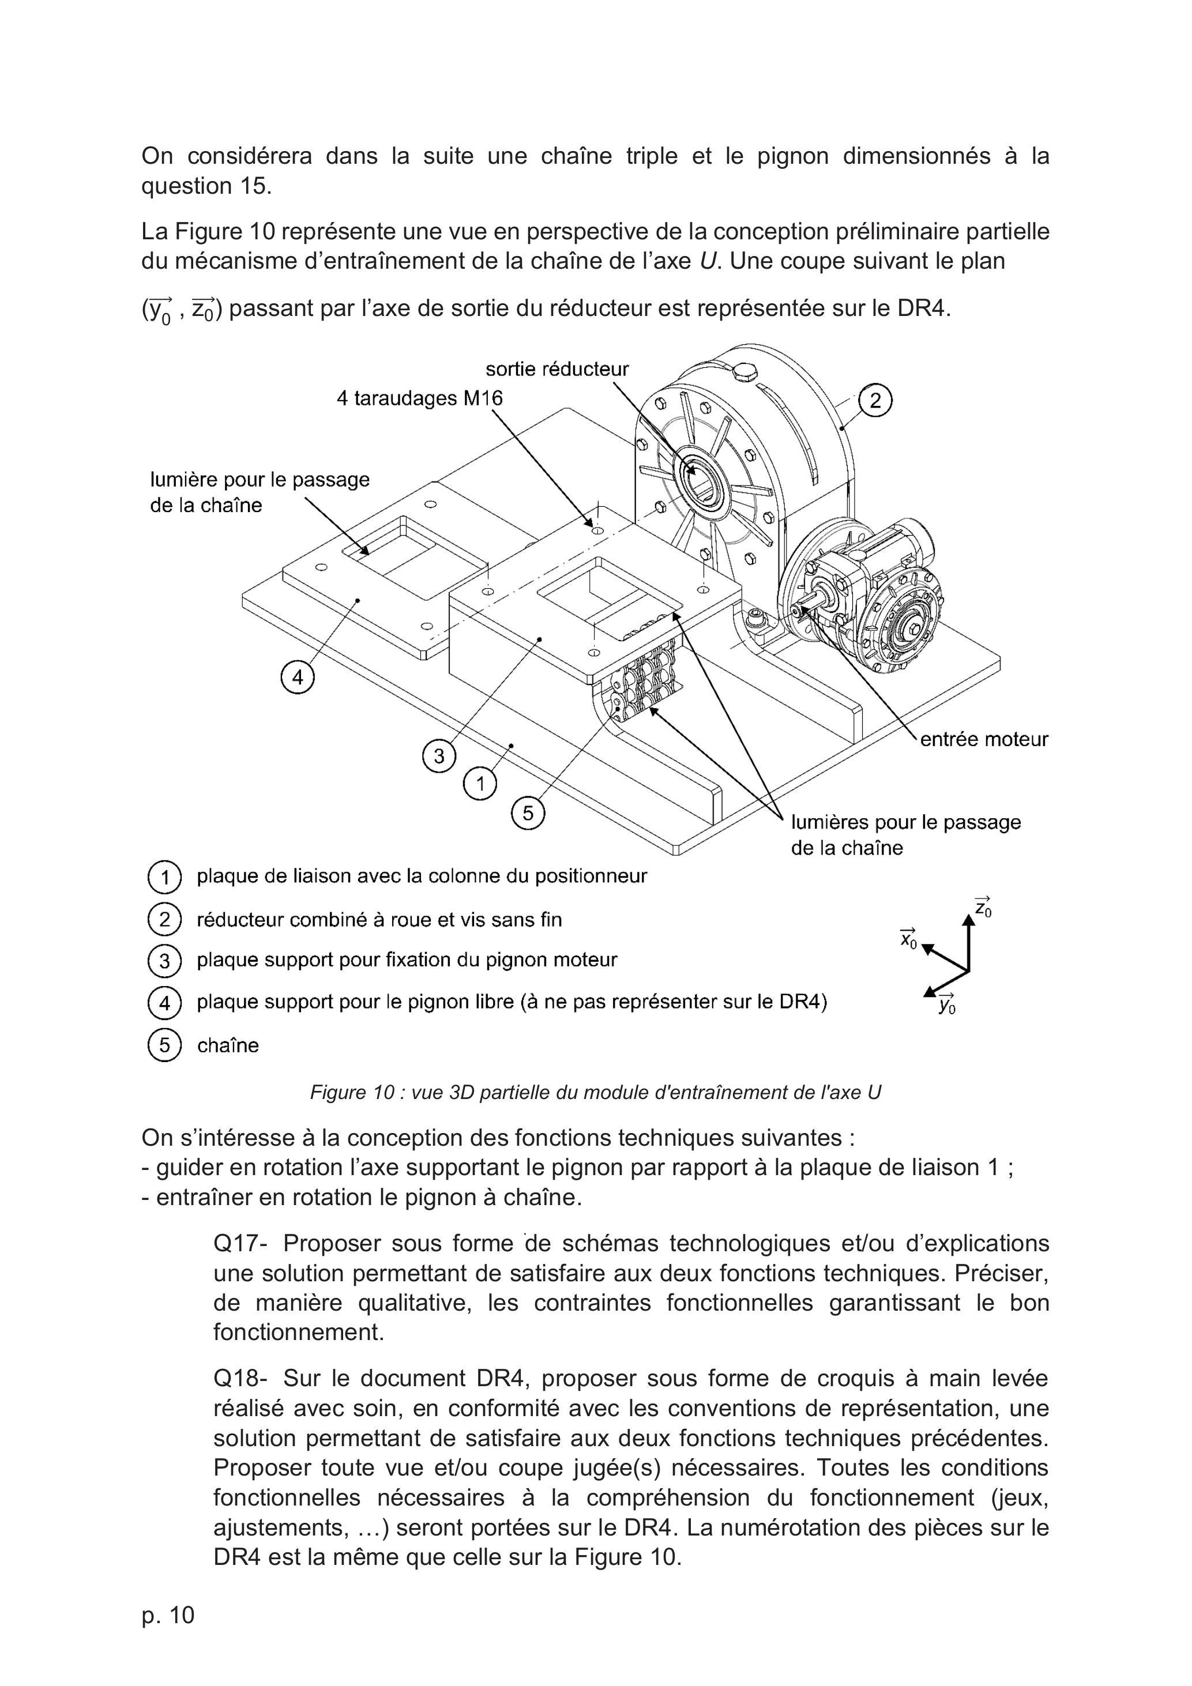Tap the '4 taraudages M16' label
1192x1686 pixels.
(420, 399)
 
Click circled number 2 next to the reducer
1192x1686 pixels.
(875, 401)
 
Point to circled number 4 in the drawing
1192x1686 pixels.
(298, 678)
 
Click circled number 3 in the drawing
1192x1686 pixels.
(439, 755)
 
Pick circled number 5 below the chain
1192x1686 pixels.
(529, 813)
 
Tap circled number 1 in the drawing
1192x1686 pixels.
(480, 784)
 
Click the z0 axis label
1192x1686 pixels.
(983, 907)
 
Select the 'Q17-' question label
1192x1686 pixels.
(241, 1243)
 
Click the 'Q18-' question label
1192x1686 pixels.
(241, 1378)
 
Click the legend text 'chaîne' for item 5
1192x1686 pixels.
(228, 1045)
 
